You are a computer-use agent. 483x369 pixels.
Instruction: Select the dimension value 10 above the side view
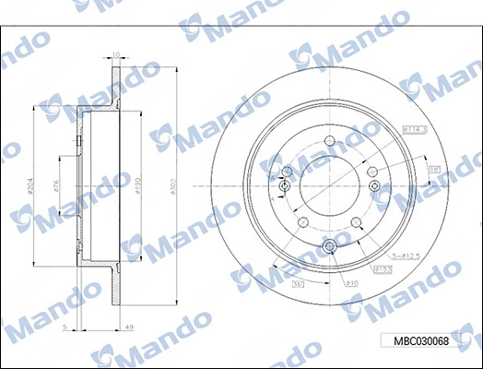(x=115, y=54)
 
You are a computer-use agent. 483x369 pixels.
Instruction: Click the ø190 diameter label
(x=139, y=188)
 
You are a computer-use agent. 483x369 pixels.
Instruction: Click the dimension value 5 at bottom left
(x=65, y=327)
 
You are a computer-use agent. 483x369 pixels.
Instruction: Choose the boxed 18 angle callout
(x=434, y=169)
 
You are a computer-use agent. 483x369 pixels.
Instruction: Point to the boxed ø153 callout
(x=382, y=268)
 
